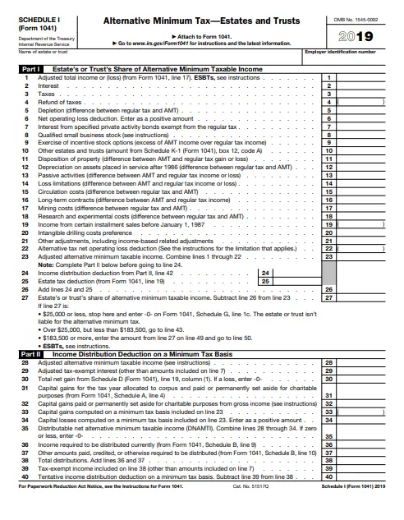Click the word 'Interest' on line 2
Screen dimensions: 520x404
click(49, 85)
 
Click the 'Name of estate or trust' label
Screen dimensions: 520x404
click(42, 53)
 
